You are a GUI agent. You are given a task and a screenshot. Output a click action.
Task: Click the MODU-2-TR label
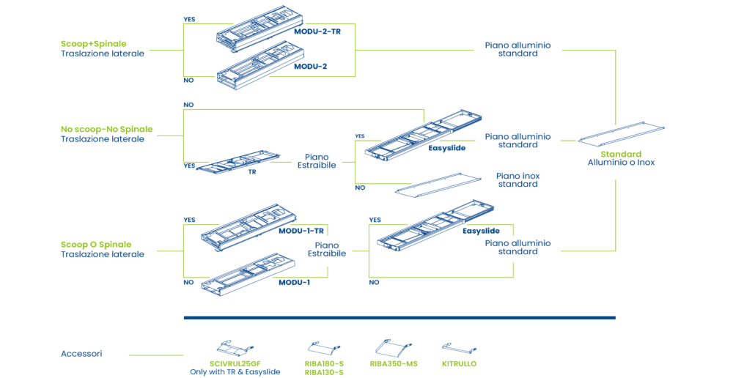click(x=317, y=31)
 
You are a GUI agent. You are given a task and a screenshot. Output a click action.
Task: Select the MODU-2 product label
click(x=310, y=67)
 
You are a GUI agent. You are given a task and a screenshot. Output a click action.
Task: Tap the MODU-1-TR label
click(x=301, y=231)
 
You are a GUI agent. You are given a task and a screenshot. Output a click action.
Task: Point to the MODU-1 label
click(x=294, y=282)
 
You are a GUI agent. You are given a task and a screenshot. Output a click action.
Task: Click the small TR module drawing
click(x=239, y=162)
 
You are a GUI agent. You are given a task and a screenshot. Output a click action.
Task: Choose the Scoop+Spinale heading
click(x=102, y=44)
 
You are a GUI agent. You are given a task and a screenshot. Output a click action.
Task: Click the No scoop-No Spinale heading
click(x=106, y=130)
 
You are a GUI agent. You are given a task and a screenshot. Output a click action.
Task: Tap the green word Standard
click(x=620, y=155)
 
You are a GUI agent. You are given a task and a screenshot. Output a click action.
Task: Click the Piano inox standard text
click(x=518, y=180)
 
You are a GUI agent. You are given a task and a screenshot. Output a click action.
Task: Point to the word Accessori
click(x=81, y=354)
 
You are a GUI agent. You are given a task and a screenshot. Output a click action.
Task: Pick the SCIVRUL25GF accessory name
click(x=235, y=363)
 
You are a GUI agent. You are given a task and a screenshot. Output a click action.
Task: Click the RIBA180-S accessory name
click(x=324, y=363)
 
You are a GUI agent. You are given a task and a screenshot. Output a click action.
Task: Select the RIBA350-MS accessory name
click(x=394, y=363)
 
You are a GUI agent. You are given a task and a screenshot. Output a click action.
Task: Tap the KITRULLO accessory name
click(x=459, y=363)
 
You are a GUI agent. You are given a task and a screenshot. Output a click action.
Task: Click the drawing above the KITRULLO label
click(x=460, y=348)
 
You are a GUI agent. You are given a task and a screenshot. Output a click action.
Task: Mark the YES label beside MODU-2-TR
click(x=189, y=20)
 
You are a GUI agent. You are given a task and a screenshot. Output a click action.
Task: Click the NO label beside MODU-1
click(x=188, y=282)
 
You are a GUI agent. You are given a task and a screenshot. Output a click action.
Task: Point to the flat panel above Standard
click(x=620, y=136)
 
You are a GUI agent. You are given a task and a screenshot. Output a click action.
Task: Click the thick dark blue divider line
click(x=399, y=318)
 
